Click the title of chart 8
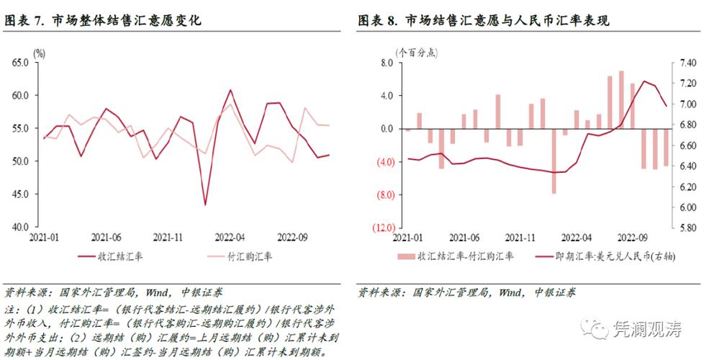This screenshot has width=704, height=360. (x=484, y=21)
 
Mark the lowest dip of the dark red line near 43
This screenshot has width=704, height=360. (x=205, y=205)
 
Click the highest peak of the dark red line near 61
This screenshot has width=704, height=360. (x=230, y=90)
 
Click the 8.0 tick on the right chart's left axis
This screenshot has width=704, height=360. (x=384, y=63)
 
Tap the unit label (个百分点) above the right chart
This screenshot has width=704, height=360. (x=417, y=53)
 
